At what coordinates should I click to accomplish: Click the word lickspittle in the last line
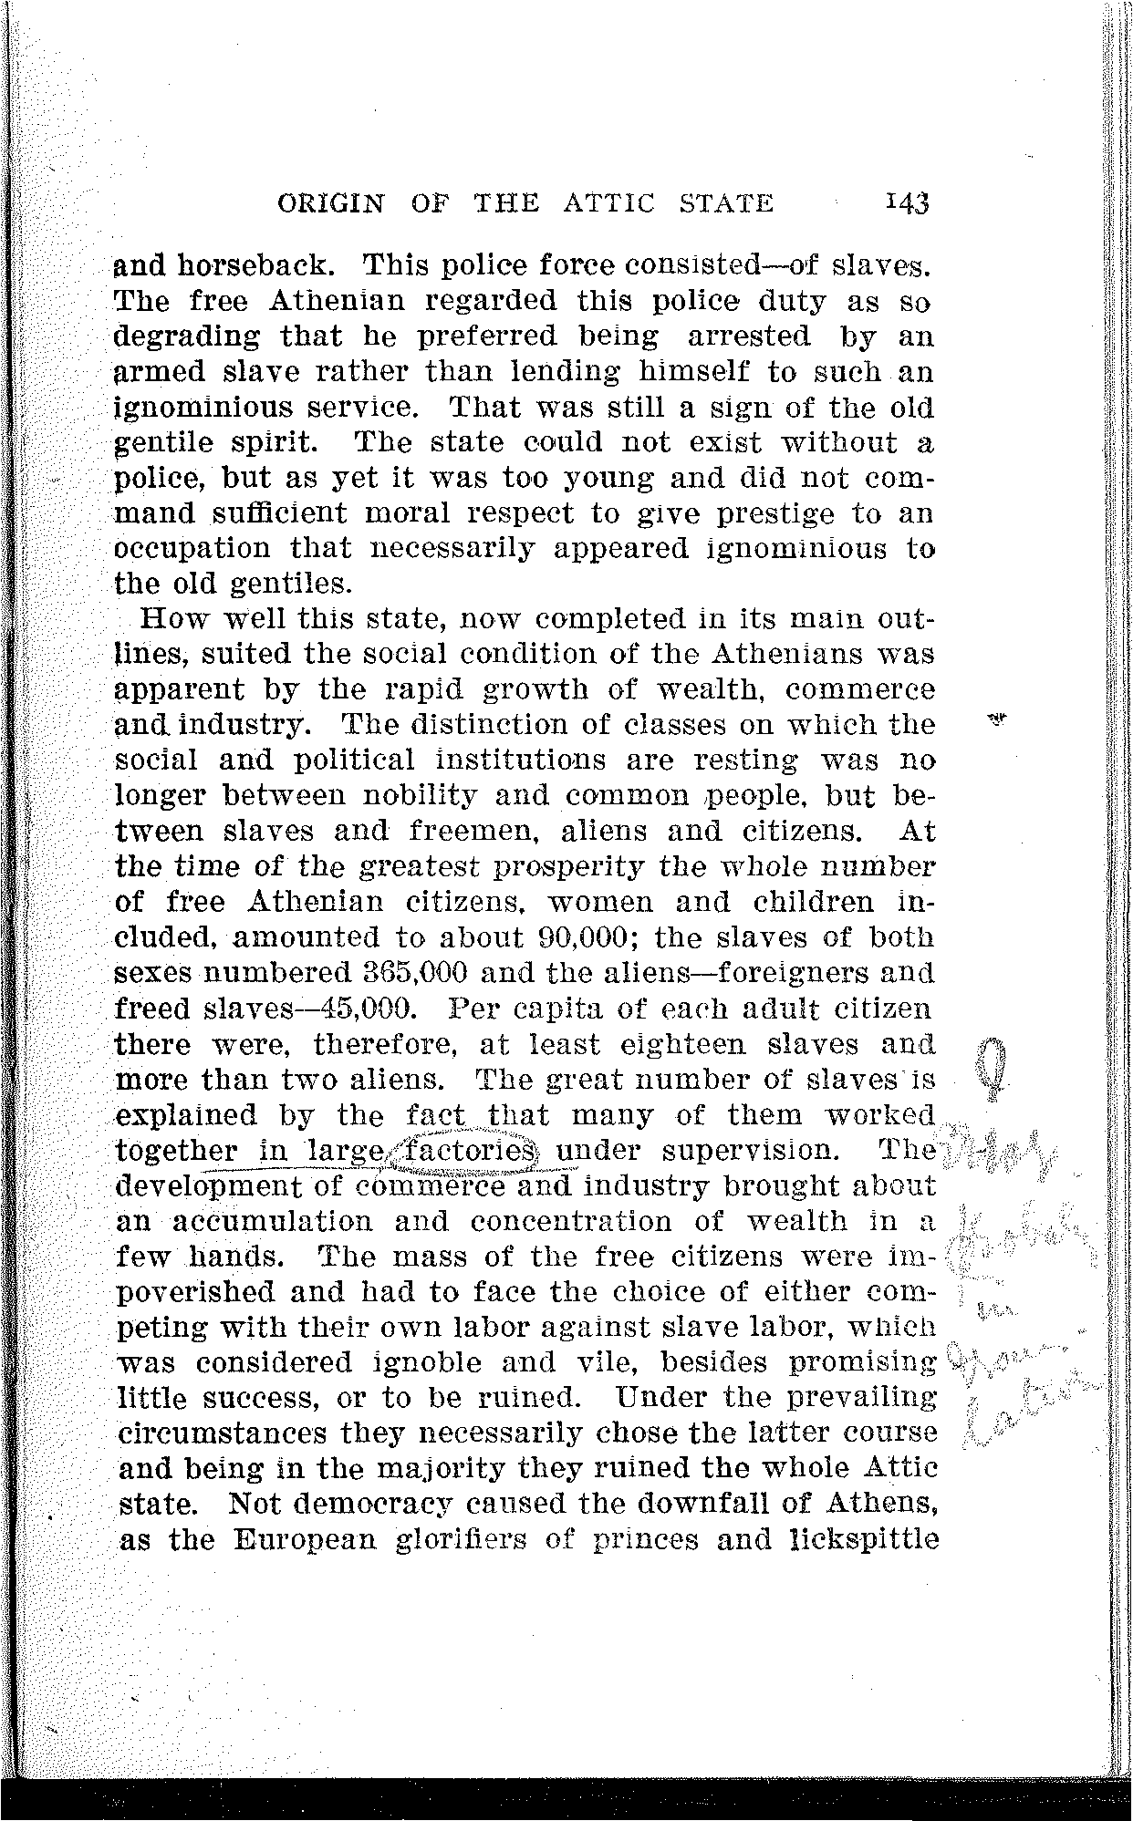(x=850, y=1540)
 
